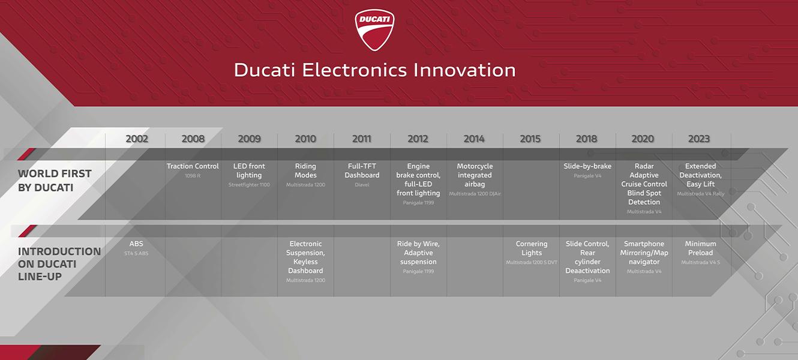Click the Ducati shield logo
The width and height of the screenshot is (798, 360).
coord(374,29)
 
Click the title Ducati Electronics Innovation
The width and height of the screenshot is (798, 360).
coord(374,70)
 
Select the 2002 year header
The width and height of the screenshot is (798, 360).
coord(137,139)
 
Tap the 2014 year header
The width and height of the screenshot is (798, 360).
coord(474,139)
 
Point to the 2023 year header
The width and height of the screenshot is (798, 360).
coord(699,139)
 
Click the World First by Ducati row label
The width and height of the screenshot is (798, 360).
coord(55,181)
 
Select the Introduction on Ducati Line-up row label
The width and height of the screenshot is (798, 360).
coord(59,264)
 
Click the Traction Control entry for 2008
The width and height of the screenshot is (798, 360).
coord(193,167)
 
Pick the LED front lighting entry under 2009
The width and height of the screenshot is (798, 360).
coord(249,171)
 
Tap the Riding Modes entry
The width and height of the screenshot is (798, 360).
coord(305,171)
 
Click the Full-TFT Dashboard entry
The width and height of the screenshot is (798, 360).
coord(362,171)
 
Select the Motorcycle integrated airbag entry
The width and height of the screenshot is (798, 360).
coord(475,175)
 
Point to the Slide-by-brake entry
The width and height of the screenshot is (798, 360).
coord(587,167)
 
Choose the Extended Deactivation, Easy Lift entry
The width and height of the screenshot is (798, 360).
coord(700,175)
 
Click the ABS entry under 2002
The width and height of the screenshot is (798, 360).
coord(136,244)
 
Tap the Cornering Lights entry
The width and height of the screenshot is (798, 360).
coord(532,248)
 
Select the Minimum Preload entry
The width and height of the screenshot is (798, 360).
coord(700,248)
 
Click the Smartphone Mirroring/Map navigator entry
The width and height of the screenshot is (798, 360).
coord(644,253)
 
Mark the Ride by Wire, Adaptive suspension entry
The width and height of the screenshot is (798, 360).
coord(418,253)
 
